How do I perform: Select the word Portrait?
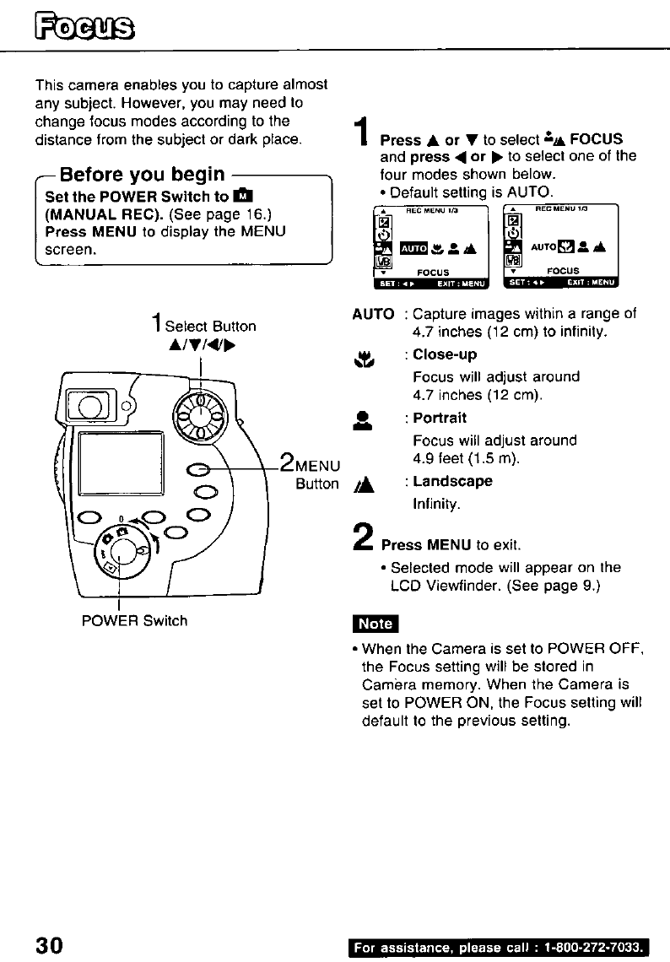(440, 419)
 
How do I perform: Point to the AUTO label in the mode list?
(371, 314)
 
